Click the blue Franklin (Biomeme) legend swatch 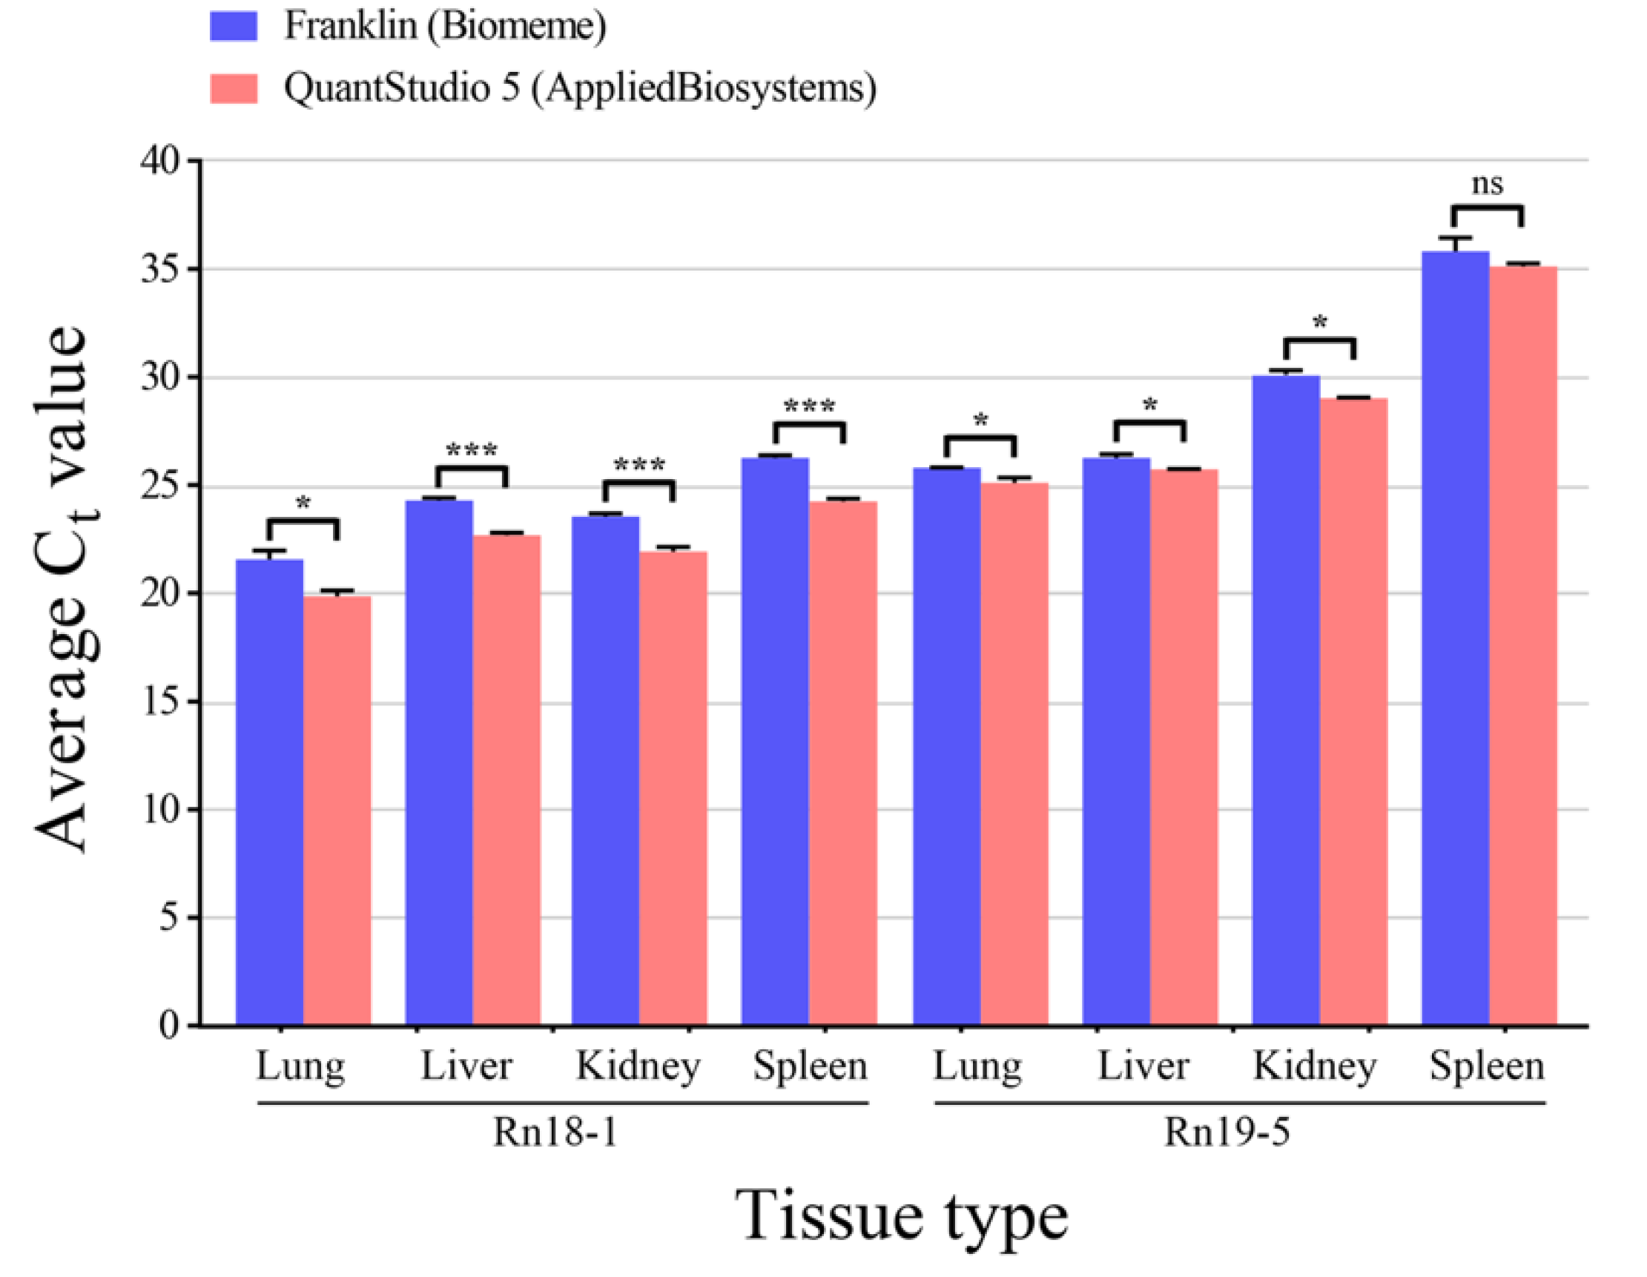coord(233,26)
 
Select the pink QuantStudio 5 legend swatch coord(233,88)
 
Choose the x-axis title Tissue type coord(901,1215)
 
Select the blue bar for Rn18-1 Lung coord(269,792)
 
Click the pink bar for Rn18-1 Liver coord(506,781)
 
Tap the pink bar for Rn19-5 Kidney coord(1353,713)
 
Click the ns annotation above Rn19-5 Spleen coord(1486,184)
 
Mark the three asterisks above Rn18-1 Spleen coord(809,407)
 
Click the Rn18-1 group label coord(555,1132)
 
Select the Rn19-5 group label coord(1226,1132)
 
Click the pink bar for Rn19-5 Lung coord(1014,754)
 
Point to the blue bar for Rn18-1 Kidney coord(605,769)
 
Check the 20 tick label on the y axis coord(161,593)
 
